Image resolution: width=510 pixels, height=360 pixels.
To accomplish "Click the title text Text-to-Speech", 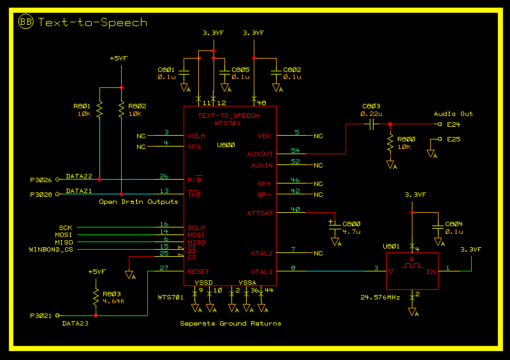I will pos(92,22).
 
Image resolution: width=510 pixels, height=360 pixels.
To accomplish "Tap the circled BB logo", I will pos(26,22).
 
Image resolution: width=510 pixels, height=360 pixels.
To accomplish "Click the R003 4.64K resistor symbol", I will pos(95,297).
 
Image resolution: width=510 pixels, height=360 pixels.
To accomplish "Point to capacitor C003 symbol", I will pos(370,123).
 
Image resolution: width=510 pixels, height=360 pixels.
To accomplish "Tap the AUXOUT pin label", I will pos(259,154).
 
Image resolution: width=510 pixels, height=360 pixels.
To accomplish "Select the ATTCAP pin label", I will pos(259,213).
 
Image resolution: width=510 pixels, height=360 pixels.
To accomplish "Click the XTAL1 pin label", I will pos(261,272).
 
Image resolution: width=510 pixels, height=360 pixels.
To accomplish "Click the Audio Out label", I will pos(453,114).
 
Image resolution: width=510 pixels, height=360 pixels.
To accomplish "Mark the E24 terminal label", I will pos(453,124).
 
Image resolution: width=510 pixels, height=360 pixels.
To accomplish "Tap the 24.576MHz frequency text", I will pos(380,297).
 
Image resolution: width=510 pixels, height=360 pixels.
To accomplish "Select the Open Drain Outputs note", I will pos(138,202).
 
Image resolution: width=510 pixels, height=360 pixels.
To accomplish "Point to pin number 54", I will pos(295,150).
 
